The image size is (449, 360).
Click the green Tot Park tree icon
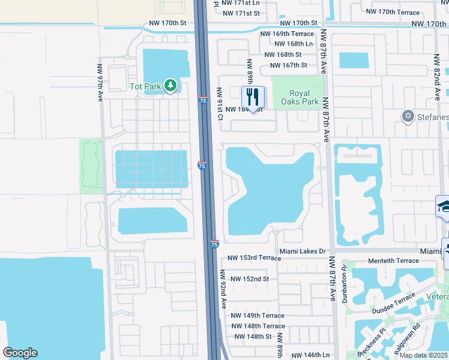pos(170,86)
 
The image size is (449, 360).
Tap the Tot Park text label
pos(145,86)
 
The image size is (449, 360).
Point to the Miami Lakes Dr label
pos(302,251)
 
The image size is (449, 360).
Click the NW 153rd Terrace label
pos(253,258)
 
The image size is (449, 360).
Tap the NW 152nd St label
pos(249,279)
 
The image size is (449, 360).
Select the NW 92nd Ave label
pos(223,289)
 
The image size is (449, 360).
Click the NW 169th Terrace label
pos(287,34)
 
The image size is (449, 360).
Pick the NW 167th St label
pos(289,65)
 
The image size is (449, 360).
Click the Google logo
pos(20,353)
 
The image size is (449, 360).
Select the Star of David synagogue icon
pos(408,115)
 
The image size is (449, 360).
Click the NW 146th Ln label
pos(309,355)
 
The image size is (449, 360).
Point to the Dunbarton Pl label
pos(345,281)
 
